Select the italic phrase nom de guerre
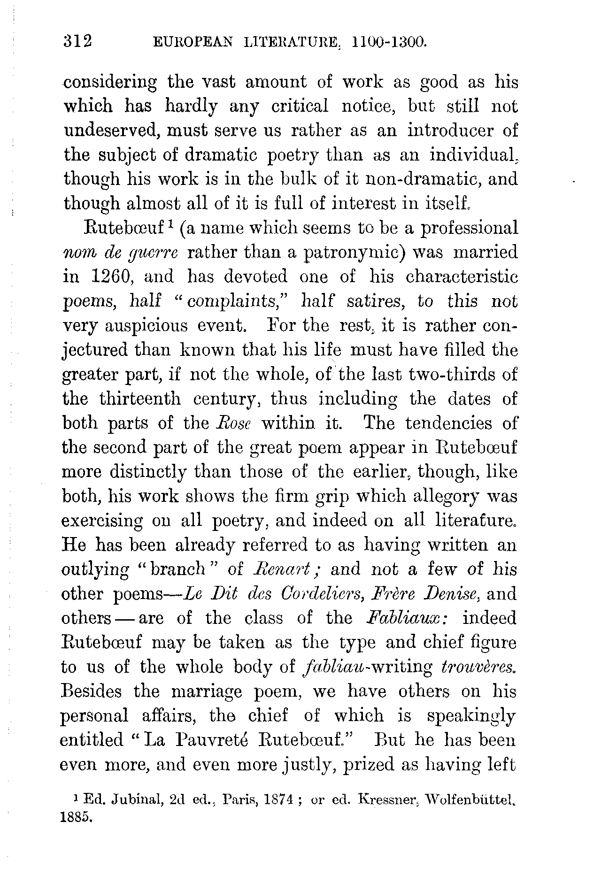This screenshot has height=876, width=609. pyautogui.click(x=120, y=252)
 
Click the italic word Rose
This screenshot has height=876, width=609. pyautogui.click(x=233, y=423)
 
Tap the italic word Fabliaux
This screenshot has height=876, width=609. pyautogui.click(x=407, y=618)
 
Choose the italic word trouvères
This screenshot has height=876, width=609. pyautogui.click(x=476, y=667)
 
